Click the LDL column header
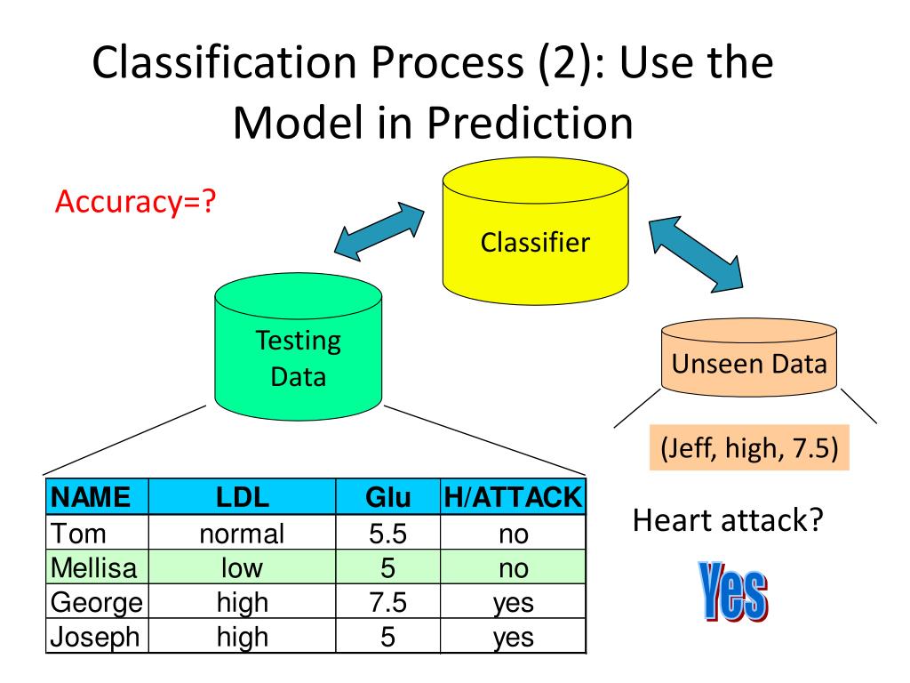pyautogui.click(x=242, y=497)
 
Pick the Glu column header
pyautogui.click(x=387, y=497)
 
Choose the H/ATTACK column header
pyautogui.click(x=512, y=497)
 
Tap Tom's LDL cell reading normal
pyautogui.click(x=242, y=534)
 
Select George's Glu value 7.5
pyautogui.click(x=387, y=603)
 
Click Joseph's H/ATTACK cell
pyautogui.click(x=512, y=637)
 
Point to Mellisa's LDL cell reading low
pyautogui.click(x=242, y=567)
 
